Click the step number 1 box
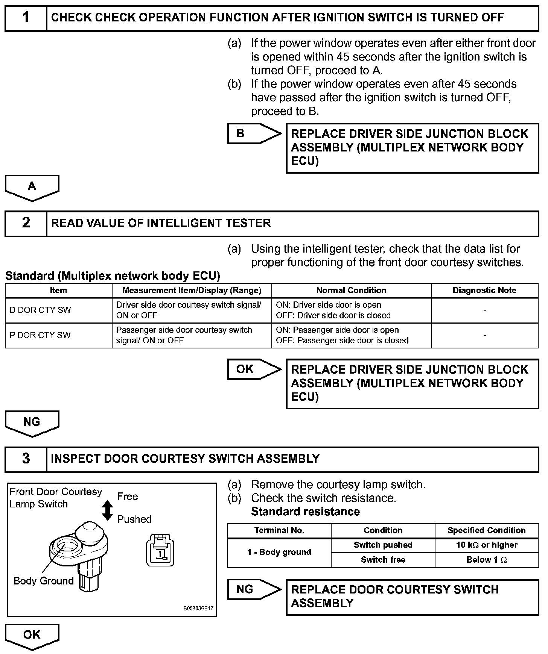click(26, 18)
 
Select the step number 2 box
click(26, 223)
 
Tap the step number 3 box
click(26, 459)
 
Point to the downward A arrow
click(32, 187)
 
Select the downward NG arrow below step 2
click(32, 422)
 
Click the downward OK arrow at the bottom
click(32, 636)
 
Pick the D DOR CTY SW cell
click(58, 310)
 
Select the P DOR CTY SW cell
click(58, 335)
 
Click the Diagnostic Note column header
click(484, 291)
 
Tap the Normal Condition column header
click(351, 291)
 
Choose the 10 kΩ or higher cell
click(487, 545)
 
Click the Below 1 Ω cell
click(487, 560)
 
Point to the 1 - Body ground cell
click(279, 552)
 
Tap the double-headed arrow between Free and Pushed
click(108, 510)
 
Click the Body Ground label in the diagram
click(44, 581)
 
